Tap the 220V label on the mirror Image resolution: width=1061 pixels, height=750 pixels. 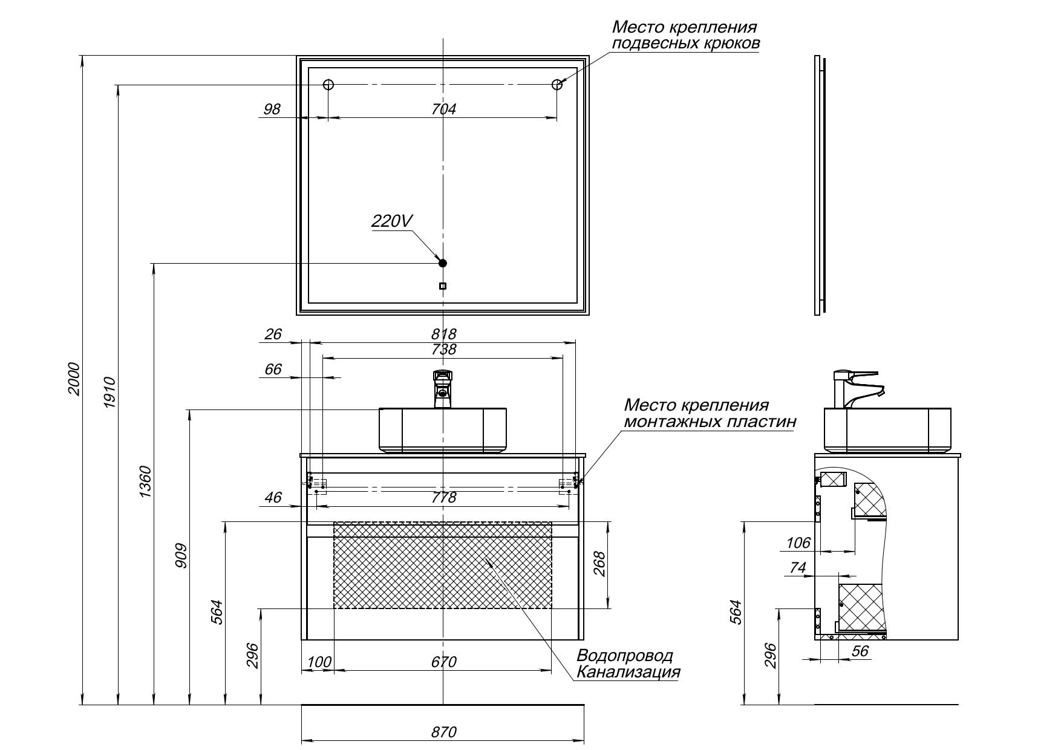pos(391,221)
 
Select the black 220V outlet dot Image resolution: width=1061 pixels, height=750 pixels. pos(442,262)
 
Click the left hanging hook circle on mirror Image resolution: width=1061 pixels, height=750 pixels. pos(328,85)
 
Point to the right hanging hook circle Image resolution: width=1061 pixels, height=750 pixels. pos(557,85)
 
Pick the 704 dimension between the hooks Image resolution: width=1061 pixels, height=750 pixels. pos(443,109)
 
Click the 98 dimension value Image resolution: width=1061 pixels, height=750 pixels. pos(272,109)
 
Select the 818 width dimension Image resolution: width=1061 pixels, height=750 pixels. pos(444,334)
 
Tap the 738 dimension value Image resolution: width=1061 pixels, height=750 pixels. pos(444,350)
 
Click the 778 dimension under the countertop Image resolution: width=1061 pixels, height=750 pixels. pos(444,497)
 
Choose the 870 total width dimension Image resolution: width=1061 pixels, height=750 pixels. pos(444,732)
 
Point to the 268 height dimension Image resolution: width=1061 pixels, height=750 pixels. pos(599,564)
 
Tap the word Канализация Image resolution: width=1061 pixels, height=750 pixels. pos(628,672)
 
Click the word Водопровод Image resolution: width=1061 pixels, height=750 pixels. pos(624,656)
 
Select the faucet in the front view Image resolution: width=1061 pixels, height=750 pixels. pos(443,388)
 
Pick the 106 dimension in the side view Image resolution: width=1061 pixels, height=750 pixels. pos(798,543)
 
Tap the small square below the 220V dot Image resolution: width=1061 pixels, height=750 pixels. pos(443,286)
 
